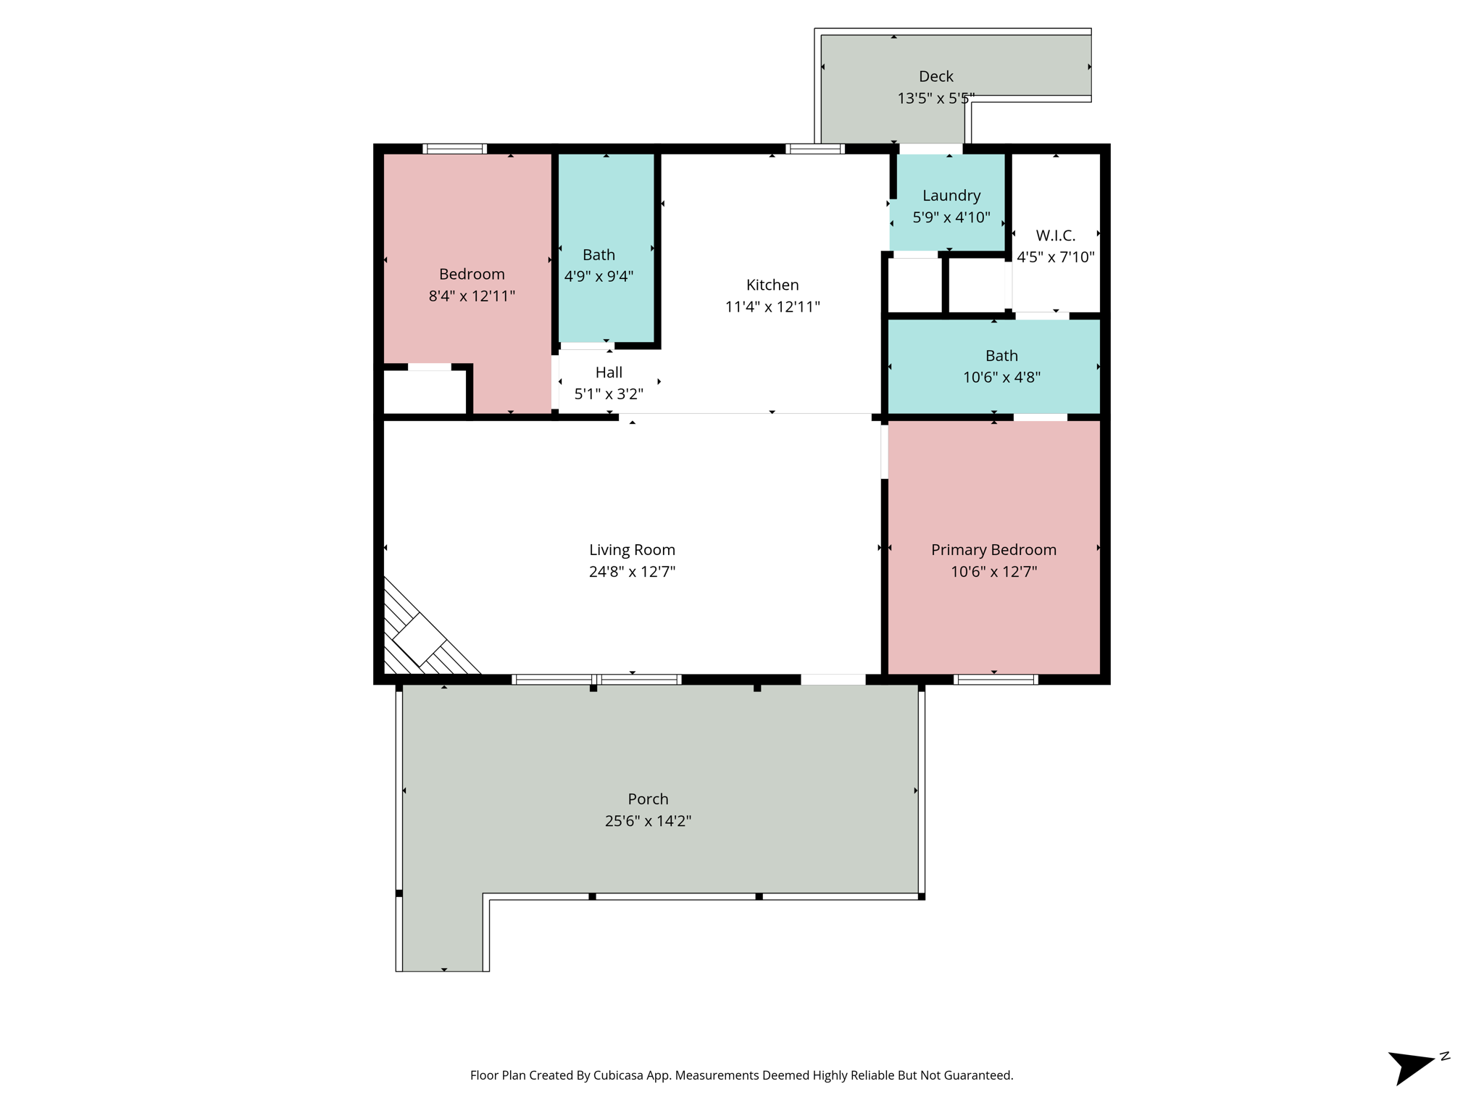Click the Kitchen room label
pyautogui.click(x=772, y=285)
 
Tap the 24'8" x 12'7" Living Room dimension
pyautogui.click(x=632, y=572)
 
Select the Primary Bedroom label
pyautogui.click(x=993, y=550)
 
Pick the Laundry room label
pyautogui.click(x=951, y=196)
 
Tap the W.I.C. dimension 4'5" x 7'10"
pyautogui.click(x=1055, y=257)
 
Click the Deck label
pyautogui.click(x=935, y=76)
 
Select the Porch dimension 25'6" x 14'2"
pyautogui.click(x=648, y=821)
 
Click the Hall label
pyautogui.click(x=609, y=372)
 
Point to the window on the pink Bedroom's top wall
pyautogui.click(x=454, y=149)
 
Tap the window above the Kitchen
pyautogui.click(x=815, y=149)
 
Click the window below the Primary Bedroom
pyautogui.click(x=996, y=679)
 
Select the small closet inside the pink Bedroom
pyautogui.click(x=425, y=392)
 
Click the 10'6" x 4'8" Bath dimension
pyautogui.click(x=1001, y=378)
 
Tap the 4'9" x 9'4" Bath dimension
pyautogui.click(x=599, y=276)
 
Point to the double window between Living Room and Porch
pyautogui.click(x=596, y=679)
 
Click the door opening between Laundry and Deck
pyautogui.click(x=930, y=149)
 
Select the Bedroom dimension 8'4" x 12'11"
pyautogui.click(x=472, y=296)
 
